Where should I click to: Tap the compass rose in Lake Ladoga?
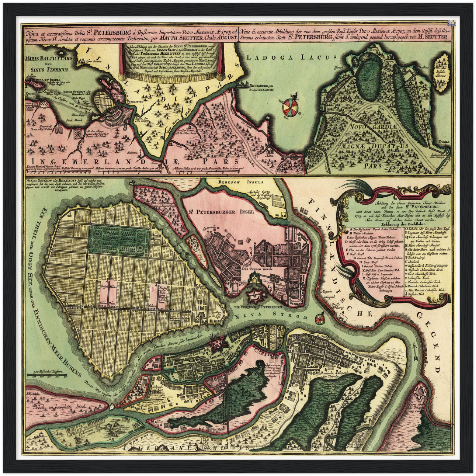(291, 105)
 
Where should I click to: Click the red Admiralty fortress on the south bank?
(217, 344)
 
